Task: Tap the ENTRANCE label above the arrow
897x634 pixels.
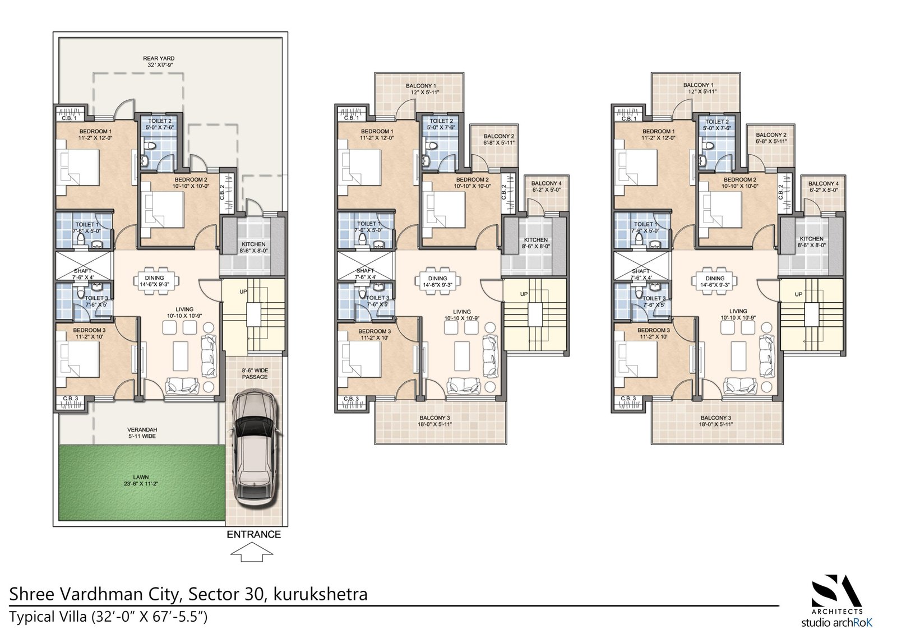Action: [x=253, y=534]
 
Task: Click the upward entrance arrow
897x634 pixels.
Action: [x=252, y=554]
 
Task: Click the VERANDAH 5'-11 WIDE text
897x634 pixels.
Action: [x=141, y=433]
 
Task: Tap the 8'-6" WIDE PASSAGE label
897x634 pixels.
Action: [x=255, y=373]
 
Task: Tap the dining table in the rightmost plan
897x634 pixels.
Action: [x=715, y=279]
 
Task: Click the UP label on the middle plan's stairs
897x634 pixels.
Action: [x=524, y=294]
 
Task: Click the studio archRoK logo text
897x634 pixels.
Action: [x=836, y=622]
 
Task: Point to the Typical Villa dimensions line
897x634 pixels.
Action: [x=109, y=617]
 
